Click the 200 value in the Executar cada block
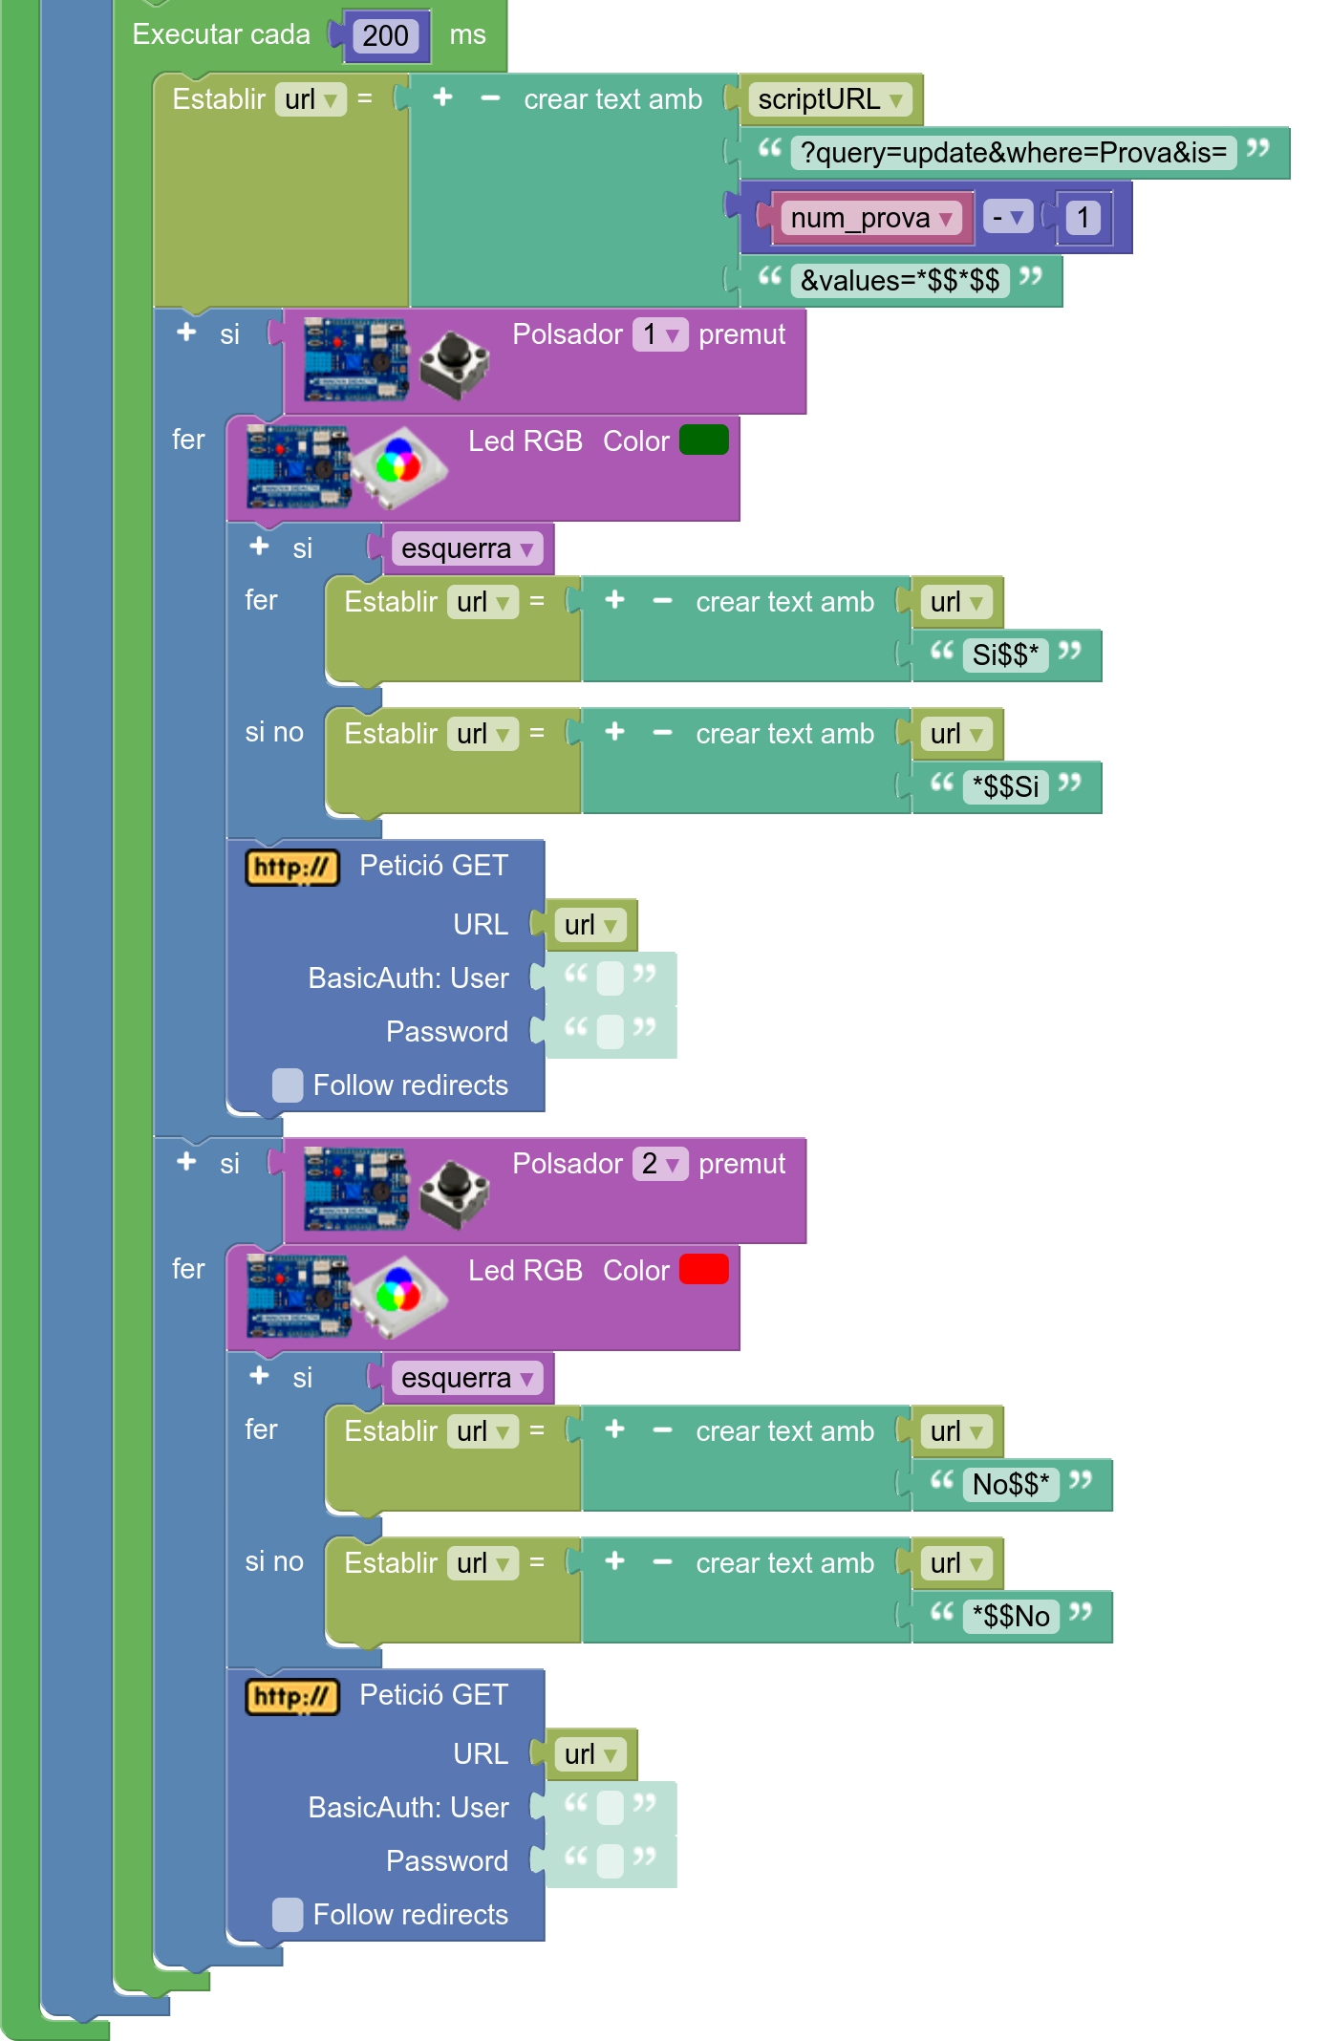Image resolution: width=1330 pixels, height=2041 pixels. [x=385, y=36]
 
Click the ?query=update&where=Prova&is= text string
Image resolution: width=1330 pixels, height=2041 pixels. [x=1013, y=153]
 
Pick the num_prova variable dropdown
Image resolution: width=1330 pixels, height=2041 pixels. [x=871, y=219]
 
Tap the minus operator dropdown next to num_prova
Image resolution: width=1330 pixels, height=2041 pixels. [x=1007, y=218]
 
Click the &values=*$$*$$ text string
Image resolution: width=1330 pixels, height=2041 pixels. [x=899, y=281]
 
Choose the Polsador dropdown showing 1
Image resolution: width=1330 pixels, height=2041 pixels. [x=659, y=334]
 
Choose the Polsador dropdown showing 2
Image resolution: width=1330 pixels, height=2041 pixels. [x=659, y=1164]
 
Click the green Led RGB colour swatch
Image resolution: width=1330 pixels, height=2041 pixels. [x=704, y=440]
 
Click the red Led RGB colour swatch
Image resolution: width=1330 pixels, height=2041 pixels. [x=704, y=1270]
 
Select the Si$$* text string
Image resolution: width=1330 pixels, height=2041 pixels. [x=1005, y=655]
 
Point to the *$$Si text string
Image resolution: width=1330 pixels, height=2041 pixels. [x=1005, y=787]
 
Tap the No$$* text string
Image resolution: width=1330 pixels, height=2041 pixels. [x=1011, y=1485]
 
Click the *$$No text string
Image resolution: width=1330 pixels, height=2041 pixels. [x=1011, y=1617]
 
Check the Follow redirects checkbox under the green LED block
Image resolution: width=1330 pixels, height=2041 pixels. [x=288, y=1085]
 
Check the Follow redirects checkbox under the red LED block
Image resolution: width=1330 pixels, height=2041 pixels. [x=288, y=1915]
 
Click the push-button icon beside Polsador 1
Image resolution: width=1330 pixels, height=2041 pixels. [x=454, y=363]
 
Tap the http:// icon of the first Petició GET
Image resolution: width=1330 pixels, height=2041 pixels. [x=292, y=868]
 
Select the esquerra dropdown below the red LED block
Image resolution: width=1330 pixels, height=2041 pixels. [x=466, y=1378]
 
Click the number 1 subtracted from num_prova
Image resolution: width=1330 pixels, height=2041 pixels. [x=1083, y=218]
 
